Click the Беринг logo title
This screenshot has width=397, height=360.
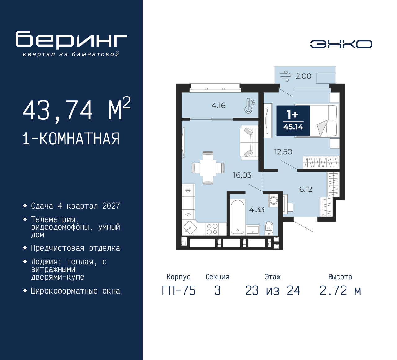[71, 40]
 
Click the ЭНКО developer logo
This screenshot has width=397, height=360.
[341, 44]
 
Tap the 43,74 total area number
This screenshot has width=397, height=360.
[58, 110]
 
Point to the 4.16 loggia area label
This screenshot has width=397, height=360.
[218, 106]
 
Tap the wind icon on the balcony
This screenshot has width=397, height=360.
[286, 76]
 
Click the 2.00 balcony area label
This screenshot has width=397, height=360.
[303, 76]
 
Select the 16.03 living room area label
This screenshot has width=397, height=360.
[242, 175]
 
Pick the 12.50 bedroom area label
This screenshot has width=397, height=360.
[283, 152]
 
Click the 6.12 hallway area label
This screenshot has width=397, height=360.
[306, 189]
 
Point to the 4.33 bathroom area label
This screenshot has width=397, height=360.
[257, 209]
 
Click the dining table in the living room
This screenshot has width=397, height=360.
[208, 168]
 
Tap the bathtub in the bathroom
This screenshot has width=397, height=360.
[238, 217]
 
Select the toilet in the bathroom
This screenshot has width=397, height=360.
[269, 228]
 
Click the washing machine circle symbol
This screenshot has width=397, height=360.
[274, 200]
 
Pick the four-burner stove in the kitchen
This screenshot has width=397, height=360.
[212, 229]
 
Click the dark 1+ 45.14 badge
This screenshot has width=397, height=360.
[293, 121]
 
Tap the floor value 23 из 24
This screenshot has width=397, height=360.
[273, 290]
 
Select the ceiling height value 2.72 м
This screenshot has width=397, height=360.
[340, 290]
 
